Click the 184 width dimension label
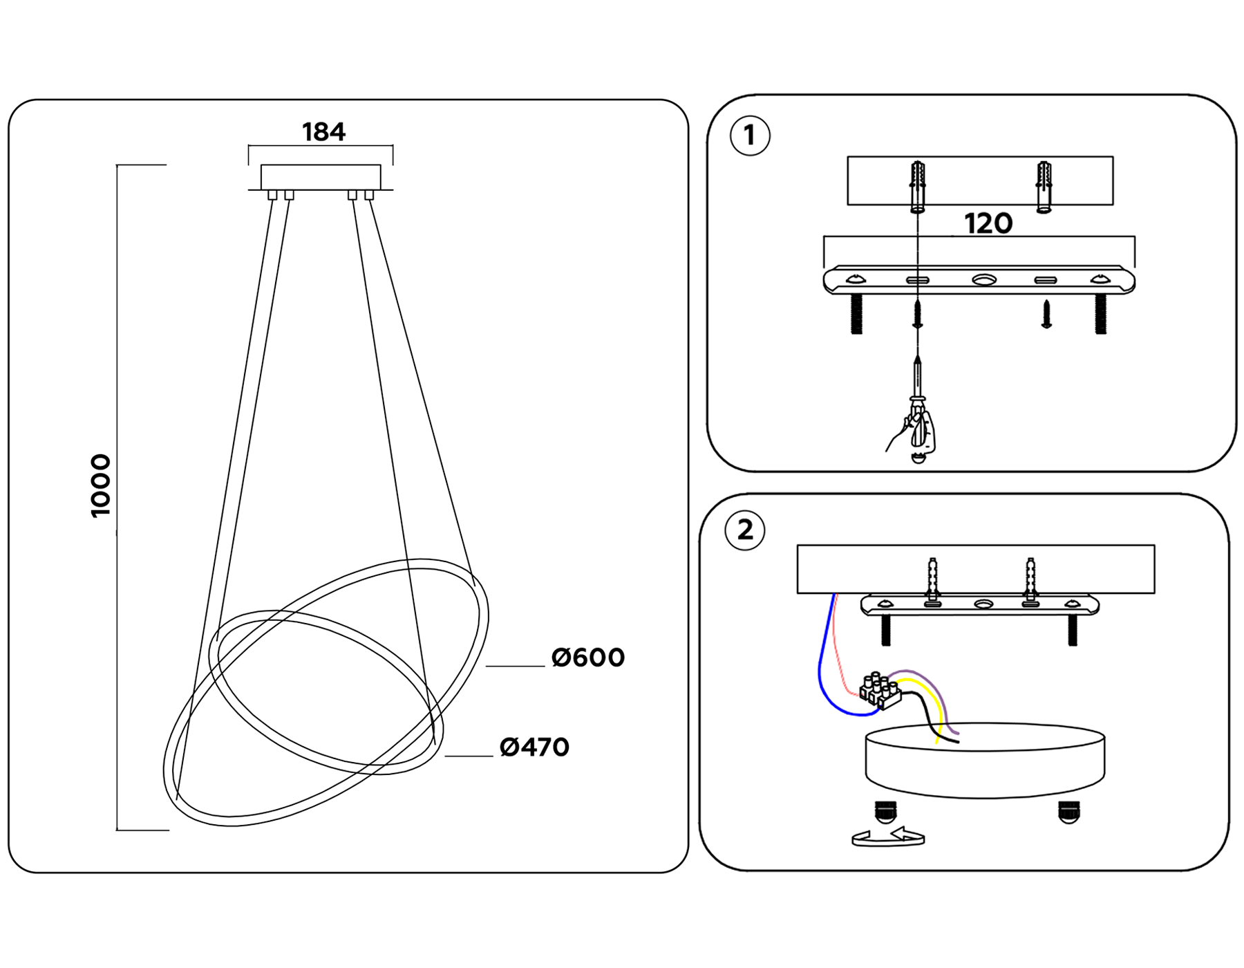point(323,132)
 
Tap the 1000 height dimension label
point(101,485)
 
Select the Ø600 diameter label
point(588,658)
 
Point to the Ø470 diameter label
point(534,747)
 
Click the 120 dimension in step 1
point(988,224)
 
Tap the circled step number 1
point(750,136)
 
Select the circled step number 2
point(745,530)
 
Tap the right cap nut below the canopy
point(1068,812)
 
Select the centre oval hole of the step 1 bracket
point(984,280)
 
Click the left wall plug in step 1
point(918,187)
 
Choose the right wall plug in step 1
point(1044,187)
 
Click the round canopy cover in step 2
point(985,761)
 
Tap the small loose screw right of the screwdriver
point(1046,314)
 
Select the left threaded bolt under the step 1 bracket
point(857,314)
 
